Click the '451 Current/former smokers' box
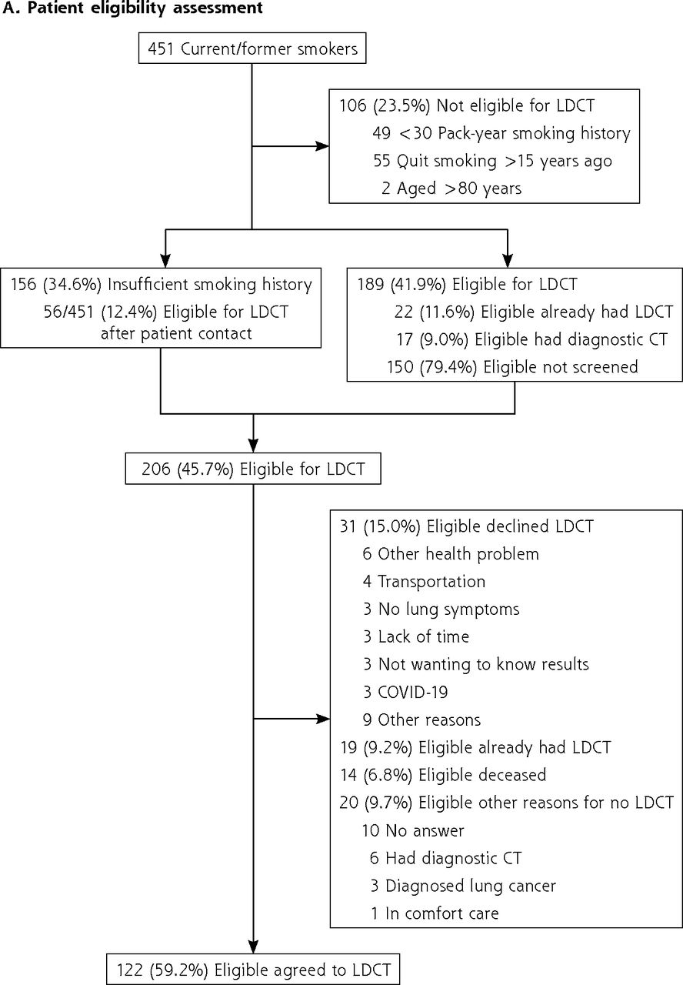[252, 48]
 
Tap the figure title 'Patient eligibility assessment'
[145, 8]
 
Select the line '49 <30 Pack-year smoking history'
[501, 133]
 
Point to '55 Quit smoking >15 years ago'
[492, 161]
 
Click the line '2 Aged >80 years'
[451, 189]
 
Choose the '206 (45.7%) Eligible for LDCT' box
[253, 469]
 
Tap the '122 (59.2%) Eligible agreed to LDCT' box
[253, 970]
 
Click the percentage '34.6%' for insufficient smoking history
[72, 285]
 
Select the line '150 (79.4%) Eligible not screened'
[512, 367]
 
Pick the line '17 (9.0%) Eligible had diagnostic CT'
[531, 339]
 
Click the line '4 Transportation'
[424, 581]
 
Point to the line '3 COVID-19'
[405, 692]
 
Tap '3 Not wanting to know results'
[476, 664]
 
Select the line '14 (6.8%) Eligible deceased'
[443, 775]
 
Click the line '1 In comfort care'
[435, 913]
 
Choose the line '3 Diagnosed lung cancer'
[463, 886]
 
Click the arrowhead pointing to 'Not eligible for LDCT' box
[322, 146]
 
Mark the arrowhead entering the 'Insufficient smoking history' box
[165, 261]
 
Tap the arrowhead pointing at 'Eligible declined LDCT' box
[324, 719]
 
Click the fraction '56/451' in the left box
[68, 312]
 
